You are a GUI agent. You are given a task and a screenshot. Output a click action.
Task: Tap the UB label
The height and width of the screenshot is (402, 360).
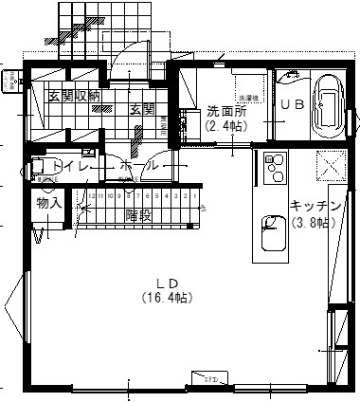pyautogui.click(x=292, y=105)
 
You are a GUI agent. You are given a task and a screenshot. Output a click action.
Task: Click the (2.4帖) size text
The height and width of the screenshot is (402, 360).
pyautogui.click(x=225, y=124)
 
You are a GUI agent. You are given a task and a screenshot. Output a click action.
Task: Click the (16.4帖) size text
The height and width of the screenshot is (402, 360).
pyautogui.click(x=168, y=298)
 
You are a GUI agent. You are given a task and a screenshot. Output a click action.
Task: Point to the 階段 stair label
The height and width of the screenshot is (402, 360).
pyautogui.click(x=138, y=216)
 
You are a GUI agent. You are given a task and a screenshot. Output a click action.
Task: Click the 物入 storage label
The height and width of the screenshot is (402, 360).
pyautogui.click(x=48, y=203)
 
